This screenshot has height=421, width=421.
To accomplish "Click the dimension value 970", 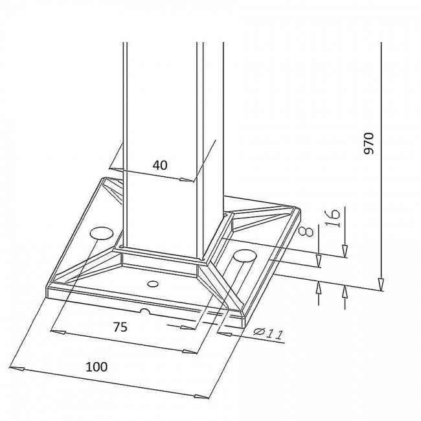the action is coord(369,143).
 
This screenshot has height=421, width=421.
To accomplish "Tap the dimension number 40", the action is coord(160,165).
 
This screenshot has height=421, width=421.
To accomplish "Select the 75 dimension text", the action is coord(120,327).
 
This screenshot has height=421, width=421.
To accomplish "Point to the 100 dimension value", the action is coord(97,367).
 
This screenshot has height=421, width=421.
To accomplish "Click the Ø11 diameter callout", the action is coord(268,334).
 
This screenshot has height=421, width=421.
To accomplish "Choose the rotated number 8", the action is coord(306,231).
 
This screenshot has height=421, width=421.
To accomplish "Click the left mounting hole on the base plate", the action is coord(102,233).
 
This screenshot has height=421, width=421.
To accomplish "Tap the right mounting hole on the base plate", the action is coord(244,255).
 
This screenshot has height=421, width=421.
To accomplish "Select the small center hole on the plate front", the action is coord(153,284).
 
